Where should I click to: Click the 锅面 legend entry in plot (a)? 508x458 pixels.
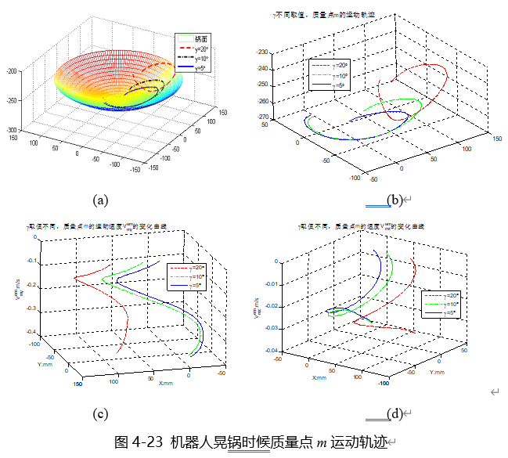tap(202, 38)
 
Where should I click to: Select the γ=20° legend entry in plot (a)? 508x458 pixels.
tap(202, 49)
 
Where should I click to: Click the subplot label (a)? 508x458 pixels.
tap(99, 200)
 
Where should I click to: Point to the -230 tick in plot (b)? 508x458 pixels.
tap(261, 52)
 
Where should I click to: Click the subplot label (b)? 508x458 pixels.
tap(395, 200)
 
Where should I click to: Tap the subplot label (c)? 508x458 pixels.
tap(99, 413)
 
